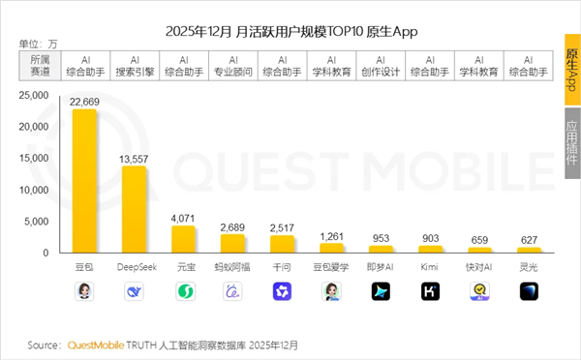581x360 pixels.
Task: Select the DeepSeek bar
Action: [x=134, y=209]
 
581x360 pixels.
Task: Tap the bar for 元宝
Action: [x=183, y=239]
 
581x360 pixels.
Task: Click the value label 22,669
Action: [x=84, y=101]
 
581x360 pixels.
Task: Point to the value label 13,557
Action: [x=134, y=158]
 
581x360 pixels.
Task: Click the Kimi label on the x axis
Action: [x=430, y=264]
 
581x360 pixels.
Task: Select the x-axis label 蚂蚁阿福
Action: [x=232, y=264]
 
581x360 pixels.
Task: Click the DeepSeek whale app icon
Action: [x=134, y=290]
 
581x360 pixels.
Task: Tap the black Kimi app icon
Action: [x=430, y=290]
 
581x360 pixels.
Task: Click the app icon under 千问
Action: [x=282, y=290]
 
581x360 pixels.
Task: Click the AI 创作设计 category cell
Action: [x=381, y=65]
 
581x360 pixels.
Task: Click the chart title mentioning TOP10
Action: [x=290, y=31]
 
